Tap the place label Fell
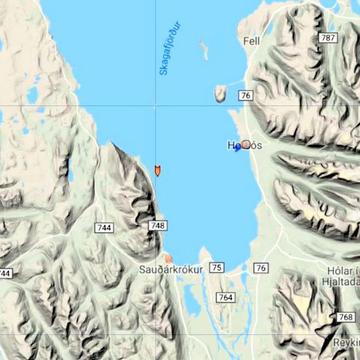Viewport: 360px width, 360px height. coord(251,41)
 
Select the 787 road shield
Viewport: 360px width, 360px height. coord(328,38)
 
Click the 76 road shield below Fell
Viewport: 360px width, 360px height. coord(245,96)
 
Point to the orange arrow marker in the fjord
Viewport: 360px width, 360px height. coord(157,170)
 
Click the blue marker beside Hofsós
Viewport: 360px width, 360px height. coord(237,148)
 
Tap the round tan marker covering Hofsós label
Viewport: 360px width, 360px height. coord(246,144)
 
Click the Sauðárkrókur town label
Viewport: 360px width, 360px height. coord(171,269)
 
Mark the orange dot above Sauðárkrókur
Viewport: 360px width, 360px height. coord(169,258)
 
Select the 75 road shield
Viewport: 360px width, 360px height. coord(216,268)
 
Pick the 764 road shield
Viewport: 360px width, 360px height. coord(226,297)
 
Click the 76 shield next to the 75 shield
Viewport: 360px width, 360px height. coord(261,268)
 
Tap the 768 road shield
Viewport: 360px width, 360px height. coord(345,317)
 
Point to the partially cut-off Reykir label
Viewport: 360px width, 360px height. coord(348,342)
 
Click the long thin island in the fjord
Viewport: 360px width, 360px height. coord(204,50)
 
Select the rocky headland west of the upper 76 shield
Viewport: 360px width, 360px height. coord(220,93)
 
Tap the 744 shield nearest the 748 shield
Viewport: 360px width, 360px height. coord(104,228)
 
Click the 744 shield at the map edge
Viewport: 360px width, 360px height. coord(5,273)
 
